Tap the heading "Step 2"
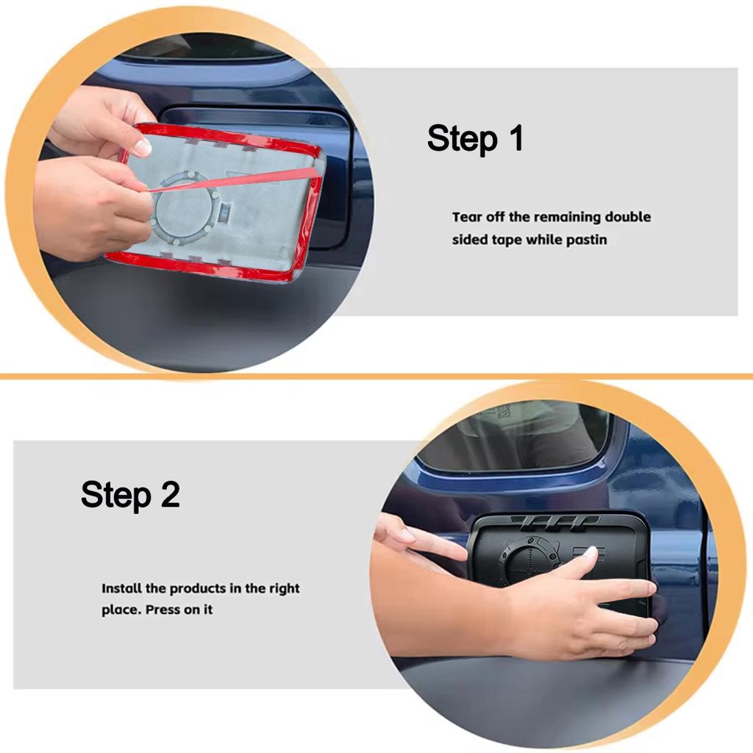click(x=130, y=494)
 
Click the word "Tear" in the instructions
click(x=467, y=217)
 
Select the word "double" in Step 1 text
click(x=628, y=217)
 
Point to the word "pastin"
click(x=586, y=240)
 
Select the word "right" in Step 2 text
click(x=285, y=589)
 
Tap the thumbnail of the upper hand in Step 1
click(x=142, y=146)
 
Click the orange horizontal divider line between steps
click(x=376, y=376)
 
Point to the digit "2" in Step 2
click(x=170, y=494)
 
